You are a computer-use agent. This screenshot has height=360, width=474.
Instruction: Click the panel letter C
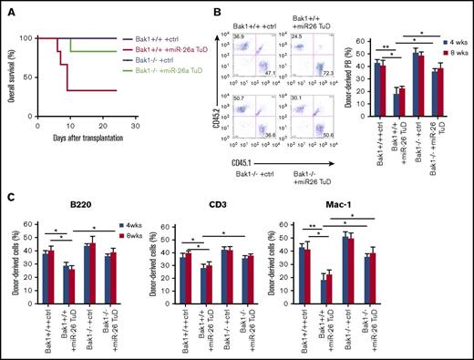point(8,195)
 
